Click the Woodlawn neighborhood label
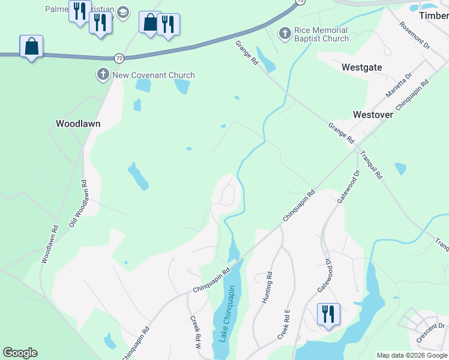pos(78,124)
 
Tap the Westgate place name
pos(361,67)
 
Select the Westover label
pos(373,114)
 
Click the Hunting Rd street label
pos(268,288)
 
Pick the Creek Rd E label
pos(284,325)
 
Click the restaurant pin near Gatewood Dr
pos(328,314)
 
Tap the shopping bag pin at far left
pos(31,46)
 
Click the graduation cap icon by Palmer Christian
pos(123,13)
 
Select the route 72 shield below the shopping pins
pos(119,57)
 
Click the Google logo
pos(20,353)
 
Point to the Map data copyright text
pos(412,355)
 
